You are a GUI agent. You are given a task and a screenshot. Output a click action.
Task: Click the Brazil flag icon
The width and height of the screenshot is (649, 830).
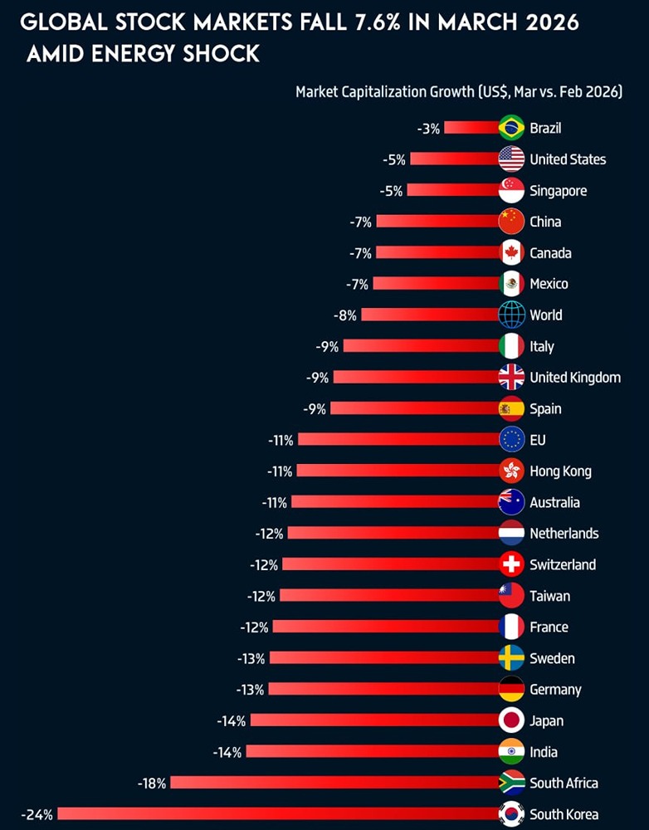511,128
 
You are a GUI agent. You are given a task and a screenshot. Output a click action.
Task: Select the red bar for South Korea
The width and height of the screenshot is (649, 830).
278,814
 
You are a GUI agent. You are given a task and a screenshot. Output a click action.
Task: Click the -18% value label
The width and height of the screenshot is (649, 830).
152,783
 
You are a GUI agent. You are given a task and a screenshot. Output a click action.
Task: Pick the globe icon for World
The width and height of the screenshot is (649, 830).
511,315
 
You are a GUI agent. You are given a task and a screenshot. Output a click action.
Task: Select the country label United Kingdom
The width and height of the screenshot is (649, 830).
575,378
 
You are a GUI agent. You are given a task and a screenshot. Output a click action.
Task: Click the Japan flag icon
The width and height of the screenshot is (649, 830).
511,720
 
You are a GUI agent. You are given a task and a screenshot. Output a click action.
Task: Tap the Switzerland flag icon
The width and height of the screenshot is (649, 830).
511,564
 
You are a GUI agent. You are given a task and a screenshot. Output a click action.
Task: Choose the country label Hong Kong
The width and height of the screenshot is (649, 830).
560,471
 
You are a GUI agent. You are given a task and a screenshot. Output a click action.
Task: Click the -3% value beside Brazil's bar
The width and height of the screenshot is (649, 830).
428,128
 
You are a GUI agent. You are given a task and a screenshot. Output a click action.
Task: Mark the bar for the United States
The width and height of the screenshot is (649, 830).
454,159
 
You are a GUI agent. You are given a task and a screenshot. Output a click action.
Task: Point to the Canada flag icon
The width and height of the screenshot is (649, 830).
511,253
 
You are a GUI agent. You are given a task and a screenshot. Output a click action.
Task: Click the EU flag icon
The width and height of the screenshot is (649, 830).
511,440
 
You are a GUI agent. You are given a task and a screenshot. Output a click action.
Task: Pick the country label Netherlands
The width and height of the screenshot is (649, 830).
564,534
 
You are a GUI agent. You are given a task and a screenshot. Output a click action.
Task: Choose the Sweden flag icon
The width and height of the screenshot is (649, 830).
511,658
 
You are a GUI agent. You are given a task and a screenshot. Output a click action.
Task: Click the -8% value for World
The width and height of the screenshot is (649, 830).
346,315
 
